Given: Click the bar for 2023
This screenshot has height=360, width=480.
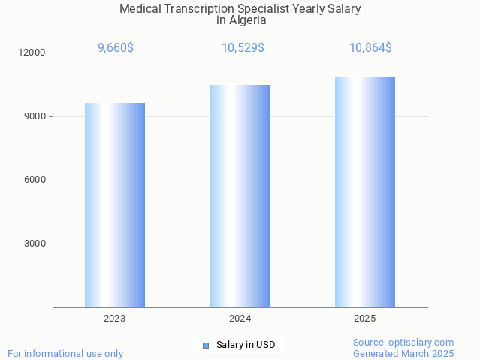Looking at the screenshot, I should pos(115,205).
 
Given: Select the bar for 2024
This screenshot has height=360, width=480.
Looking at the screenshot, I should pos(240,196).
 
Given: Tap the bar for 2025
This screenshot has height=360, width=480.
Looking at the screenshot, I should pos(365,192).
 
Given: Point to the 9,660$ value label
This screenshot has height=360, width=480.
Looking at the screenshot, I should pos(116,48).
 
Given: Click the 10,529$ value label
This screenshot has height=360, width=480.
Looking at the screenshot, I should pos(243,48).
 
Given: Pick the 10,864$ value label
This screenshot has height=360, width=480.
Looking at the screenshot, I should pos(370,48).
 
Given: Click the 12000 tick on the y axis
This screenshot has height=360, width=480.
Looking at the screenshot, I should pos(32,53).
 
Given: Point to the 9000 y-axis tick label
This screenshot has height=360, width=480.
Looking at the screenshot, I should pos(35,116).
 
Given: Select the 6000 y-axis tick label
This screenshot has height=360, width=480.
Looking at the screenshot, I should pos(35,180).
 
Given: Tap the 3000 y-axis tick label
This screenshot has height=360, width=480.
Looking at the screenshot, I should pos(35,244).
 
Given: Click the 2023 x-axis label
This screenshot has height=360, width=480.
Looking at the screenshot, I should pos(115,319).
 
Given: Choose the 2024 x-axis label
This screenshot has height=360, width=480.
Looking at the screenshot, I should pos(240,319).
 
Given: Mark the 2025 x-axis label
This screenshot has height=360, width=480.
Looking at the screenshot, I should pos(365,319).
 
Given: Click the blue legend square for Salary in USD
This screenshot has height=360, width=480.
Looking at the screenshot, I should pos(205,346).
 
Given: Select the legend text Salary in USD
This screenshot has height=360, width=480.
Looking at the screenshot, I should pos(246,346).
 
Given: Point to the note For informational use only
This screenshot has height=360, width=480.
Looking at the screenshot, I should pos(65,353).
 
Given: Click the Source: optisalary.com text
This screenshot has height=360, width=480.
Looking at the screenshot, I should pos(403,342).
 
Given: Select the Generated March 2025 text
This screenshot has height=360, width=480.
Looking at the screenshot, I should pos(403,353).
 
